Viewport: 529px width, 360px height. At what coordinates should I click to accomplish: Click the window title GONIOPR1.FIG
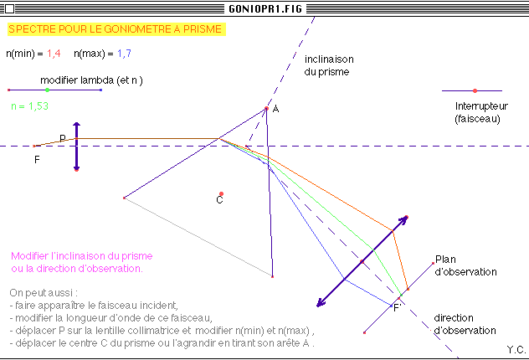click(x=264, y=8)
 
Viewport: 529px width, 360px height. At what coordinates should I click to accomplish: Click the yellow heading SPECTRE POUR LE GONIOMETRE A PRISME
click(x=116, y=29)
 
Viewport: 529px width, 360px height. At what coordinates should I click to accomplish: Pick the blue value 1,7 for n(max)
click(x=124, y=54)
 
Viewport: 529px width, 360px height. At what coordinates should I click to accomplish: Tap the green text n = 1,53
click(x=29, y=106)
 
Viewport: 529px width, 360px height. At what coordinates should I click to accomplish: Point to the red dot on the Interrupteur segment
click(x=475, y=90)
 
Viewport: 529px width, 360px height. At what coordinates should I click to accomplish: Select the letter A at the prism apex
click(x=275, y=111)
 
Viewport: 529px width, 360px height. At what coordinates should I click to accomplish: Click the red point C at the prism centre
click(x=221, y=194)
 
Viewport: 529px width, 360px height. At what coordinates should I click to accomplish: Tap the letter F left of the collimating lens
click(x=36, y=158)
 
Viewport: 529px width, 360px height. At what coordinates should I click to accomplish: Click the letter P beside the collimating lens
click(x=62, y=138)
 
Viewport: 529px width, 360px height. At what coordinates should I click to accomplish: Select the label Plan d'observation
click(x=465, y=265)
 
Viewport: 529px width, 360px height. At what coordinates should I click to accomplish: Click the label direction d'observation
click(x=465, y=324)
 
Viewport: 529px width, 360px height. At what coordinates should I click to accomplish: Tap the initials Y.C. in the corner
click(x=516, y=347)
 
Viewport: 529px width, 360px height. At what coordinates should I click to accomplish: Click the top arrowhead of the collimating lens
click(x=76, y=124)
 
